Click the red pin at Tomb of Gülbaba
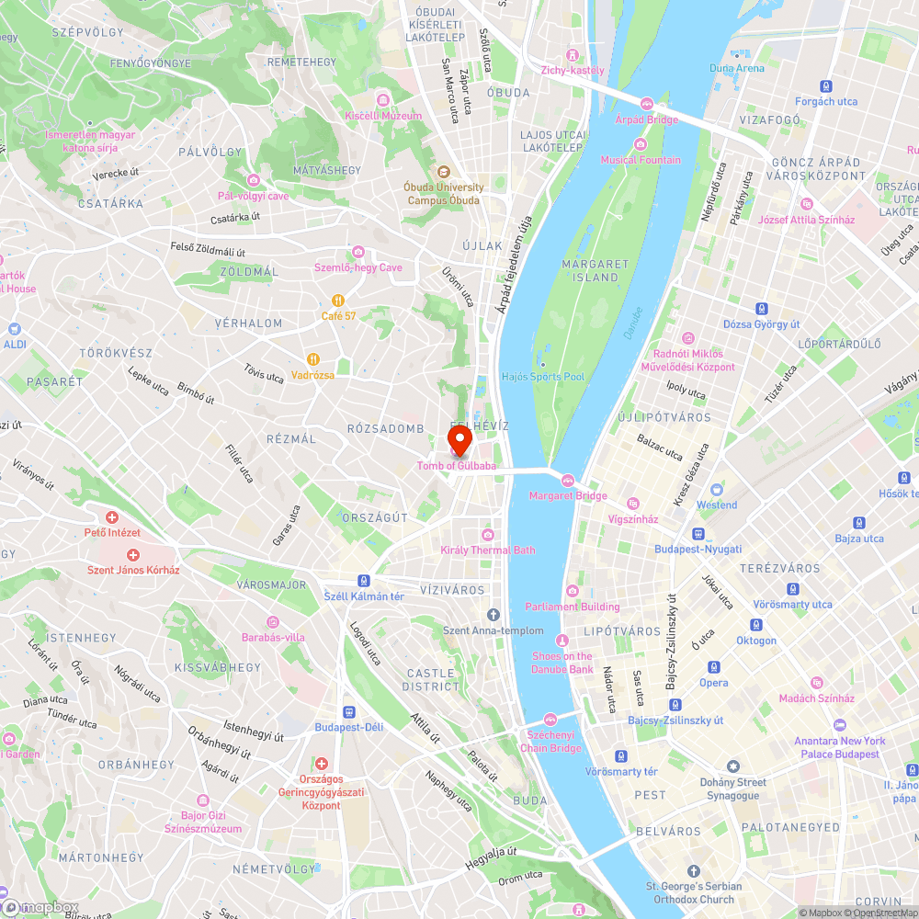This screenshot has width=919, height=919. pos(459,439)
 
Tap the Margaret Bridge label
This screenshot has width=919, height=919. pos(568,496)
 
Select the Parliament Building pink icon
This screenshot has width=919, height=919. pos(573,591)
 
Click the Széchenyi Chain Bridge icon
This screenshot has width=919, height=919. pos(550,719)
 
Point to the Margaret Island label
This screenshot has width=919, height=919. pos(596,270)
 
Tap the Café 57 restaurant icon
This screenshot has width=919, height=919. pos(338,300)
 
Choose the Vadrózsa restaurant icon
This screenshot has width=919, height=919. pos(312,359)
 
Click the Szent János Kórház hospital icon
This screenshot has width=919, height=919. pos(133,554)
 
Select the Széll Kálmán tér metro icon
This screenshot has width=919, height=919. pos(365,581)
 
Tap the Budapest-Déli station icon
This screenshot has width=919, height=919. pos(348,711)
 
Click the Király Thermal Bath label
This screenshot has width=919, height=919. pos(488,550)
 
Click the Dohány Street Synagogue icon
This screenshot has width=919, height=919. pos(732,766)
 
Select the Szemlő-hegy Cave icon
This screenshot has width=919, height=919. pos(358,252)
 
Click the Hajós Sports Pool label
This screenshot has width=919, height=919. pos(543,377)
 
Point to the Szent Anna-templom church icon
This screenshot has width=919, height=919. pos(494,614)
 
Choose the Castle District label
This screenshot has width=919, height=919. pos(431,680)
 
